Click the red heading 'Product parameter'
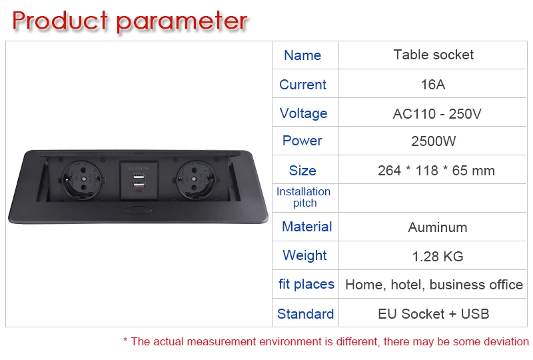pyautogui.click(x=129, y=21)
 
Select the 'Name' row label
pyautogui.click(x=302, y=55)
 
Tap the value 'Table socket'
pyautogui.click(x=434, y=55)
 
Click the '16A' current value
pyautogui.click(x=432, y=85)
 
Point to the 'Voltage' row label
pyautogui.click(x=303, y=113)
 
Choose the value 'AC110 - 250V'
pyautogui.click(x=437, y=113)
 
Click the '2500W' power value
pyautogui.click(x=434, y=141)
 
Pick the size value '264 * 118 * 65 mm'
pyautogui.click(x=436, y=171)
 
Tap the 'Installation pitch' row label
pyautogui.click(x=303, y=197)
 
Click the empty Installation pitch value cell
pyautogui.click(x=432, y=198)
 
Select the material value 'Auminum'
pyautogui.click(x=438, y=227)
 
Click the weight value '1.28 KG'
pyautogui.click(x=438, y=256)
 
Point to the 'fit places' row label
pyautogui.click(x=306, y=284)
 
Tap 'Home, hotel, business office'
pyautogui.click(x=434, y=285)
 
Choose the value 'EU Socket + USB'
pyautogui.click(x=434, y=314)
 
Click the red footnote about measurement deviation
pyautogui.click(x=326, y=341)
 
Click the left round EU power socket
pyautogui.click(x=82, y=180)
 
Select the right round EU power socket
pyautogui.click(x=195, y=180)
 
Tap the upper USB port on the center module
pyautogui.click(x=139, y=177)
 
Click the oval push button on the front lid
pyautogui.click(x=139, y=209)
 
